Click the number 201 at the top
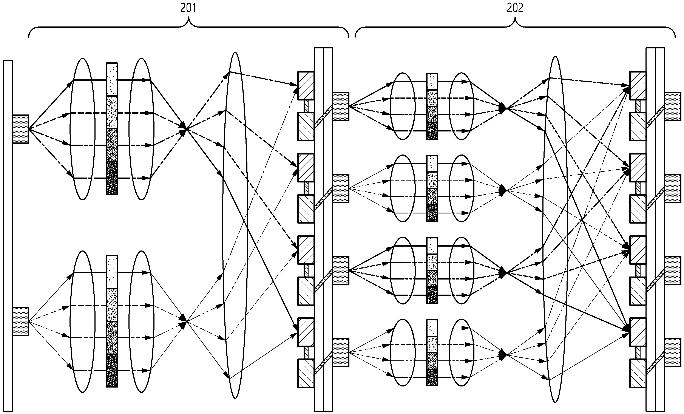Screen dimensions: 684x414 coord(188,8)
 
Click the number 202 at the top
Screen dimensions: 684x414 coord(515,8)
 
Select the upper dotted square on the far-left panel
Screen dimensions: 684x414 coord(20,129)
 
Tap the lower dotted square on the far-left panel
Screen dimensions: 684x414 coord(20,321)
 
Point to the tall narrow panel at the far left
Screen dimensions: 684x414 coord(8,235)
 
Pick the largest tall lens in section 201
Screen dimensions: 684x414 coord(235,225)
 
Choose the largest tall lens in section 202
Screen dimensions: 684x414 coord(555,229)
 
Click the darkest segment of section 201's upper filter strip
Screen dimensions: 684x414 coord(112,178)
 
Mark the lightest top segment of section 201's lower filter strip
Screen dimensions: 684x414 coord(112,272)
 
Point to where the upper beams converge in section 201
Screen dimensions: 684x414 coord(187,128)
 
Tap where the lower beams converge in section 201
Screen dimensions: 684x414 coord(187,321)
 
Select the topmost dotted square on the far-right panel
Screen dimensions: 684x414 coord(673,106)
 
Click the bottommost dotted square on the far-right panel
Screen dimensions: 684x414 coord(673,353)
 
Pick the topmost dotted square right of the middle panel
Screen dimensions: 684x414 coord(341,106)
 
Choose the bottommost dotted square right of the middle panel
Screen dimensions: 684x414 coord(341,353)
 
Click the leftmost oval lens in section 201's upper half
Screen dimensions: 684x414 coord(82,129)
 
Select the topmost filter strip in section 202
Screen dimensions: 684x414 coord(432,106)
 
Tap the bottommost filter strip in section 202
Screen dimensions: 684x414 coord(432,353)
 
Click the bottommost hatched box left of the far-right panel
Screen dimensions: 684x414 coord(638,373)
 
